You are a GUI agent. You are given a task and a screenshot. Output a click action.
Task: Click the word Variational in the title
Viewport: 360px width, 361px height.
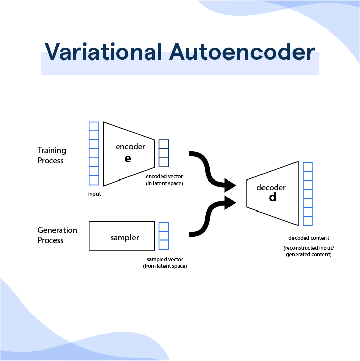click(104, 52)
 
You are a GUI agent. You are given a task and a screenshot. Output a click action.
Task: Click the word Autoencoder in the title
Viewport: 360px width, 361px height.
click(242, 52)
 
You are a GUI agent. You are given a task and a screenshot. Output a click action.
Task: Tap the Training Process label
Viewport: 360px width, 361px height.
click(52, 155)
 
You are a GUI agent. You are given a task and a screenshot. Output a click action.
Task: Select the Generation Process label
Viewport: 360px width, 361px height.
click(57, 235)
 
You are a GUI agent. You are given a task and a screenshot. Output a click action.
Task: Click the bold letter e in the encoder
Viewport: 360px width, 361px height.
click(128, 159)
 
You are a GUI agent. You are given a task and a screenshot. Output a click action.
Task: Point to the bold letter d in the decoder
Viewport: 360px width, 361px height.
click(273, 197)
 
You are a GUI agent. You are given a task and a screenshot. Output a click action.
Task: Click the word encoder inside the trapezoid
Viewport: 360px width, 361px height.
click(130, 146)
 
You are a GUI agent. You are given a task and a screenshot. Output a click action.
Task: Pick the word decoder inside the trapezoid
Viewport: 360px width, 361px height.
click(271, 187)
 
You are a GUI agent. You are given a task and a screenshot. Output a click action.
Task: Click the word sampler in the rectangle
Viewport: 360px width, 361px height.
click(124, 238)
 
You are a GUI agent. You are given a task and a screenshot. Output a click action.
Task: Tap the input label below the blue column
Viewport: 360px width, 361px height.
click(94, 194)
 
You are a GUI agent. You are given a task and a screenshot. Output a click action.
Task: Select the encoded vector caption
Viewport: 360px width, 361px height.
click(165, 180)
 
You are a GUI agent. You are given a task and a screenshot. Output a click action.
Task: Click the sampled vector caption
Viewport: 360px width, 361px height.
click(165, 263)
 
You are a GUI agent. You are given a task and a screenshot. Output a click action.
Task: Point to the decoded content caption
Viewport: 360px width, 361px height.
click(309, 238)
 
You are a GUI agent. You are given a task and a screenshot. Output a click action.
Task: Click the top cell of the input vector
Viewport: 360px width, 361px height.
click(94, 126)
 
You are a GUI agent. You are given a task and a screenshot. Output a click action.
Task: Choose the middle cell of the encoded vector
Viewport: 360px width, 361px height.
click(164, 153)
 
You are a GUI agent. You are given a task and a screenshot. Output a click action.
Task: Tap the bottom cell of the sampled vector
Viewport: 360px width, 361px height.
click(164, 245)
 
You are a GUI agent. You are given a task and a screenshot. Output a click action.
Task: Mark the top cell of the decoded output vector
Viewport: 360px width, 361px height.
click(308, 167)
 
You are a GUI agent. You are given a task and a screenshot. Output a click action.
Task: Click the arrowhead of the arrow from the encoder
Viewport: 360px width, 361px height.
click(230, 185)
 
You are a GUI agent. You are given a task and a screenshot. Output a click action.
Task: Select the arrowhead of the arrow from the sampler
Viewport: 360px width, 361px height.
click(230, 203)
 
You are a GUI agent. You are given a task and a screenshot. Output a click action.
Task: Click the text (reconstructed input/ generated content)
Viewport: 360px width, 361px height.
click(309, 251)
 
